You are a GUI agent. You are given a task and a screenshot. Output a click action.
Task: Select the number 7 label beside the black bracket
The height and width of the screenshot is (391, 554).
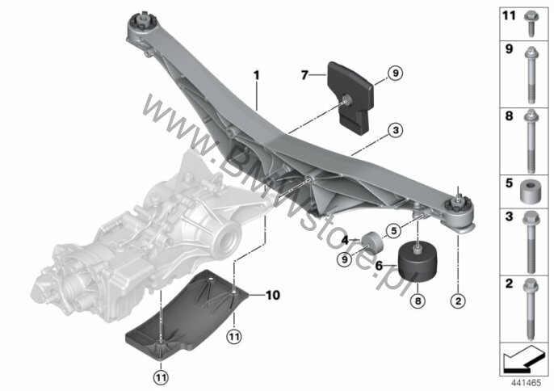[304, 76]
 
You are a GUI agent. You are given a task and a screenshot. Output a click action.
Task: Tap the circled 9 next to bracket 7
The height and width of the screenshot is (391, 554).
[394, 74]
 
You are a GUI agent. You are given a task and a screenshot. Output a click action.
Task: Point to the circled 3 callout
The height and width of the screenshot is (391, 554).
[393, 129]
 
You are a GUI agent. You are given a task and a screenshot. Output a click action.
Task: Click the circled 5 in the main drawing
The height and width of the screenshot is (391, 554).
[393, 229]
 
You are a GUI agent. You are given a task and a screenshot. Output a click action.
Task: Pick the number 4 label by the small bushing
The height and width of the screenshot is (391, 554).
[345, 240]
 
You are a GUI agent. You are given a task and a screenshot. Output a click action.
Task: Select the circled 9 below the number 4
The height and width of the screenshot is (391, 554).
[343, 259]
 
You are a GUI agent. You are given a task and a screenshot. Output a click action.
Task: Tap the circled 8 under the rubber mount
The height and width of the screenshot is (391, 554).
[418, 301]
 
